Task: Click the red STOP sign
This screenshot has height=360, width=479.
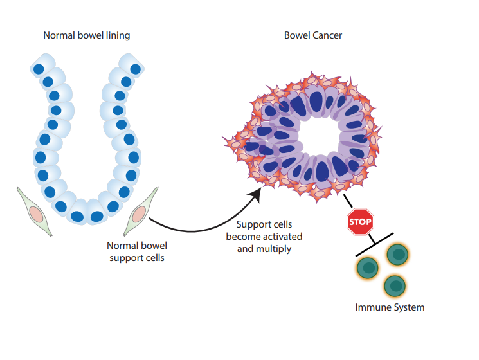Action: (360, 221)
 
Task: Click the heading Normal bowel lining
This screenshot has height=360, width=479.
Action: (86, 35)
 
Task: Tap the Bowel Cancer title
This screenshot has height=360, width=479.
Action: (313, 35)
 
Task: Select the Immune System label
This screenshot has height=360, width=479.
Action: (390, 307)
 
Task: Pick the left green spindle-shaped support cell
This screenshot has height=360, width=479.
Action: (35, 213)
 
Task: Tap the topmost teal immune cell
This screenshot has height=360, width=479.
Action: (398, 255)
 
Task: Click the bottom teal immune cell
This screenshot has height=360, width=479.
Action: (394, 285)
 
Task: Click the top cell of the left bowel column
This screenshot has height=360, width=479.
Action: (41, 67)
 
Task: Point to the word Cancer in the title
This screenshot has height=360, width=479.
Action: (327, 35)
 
